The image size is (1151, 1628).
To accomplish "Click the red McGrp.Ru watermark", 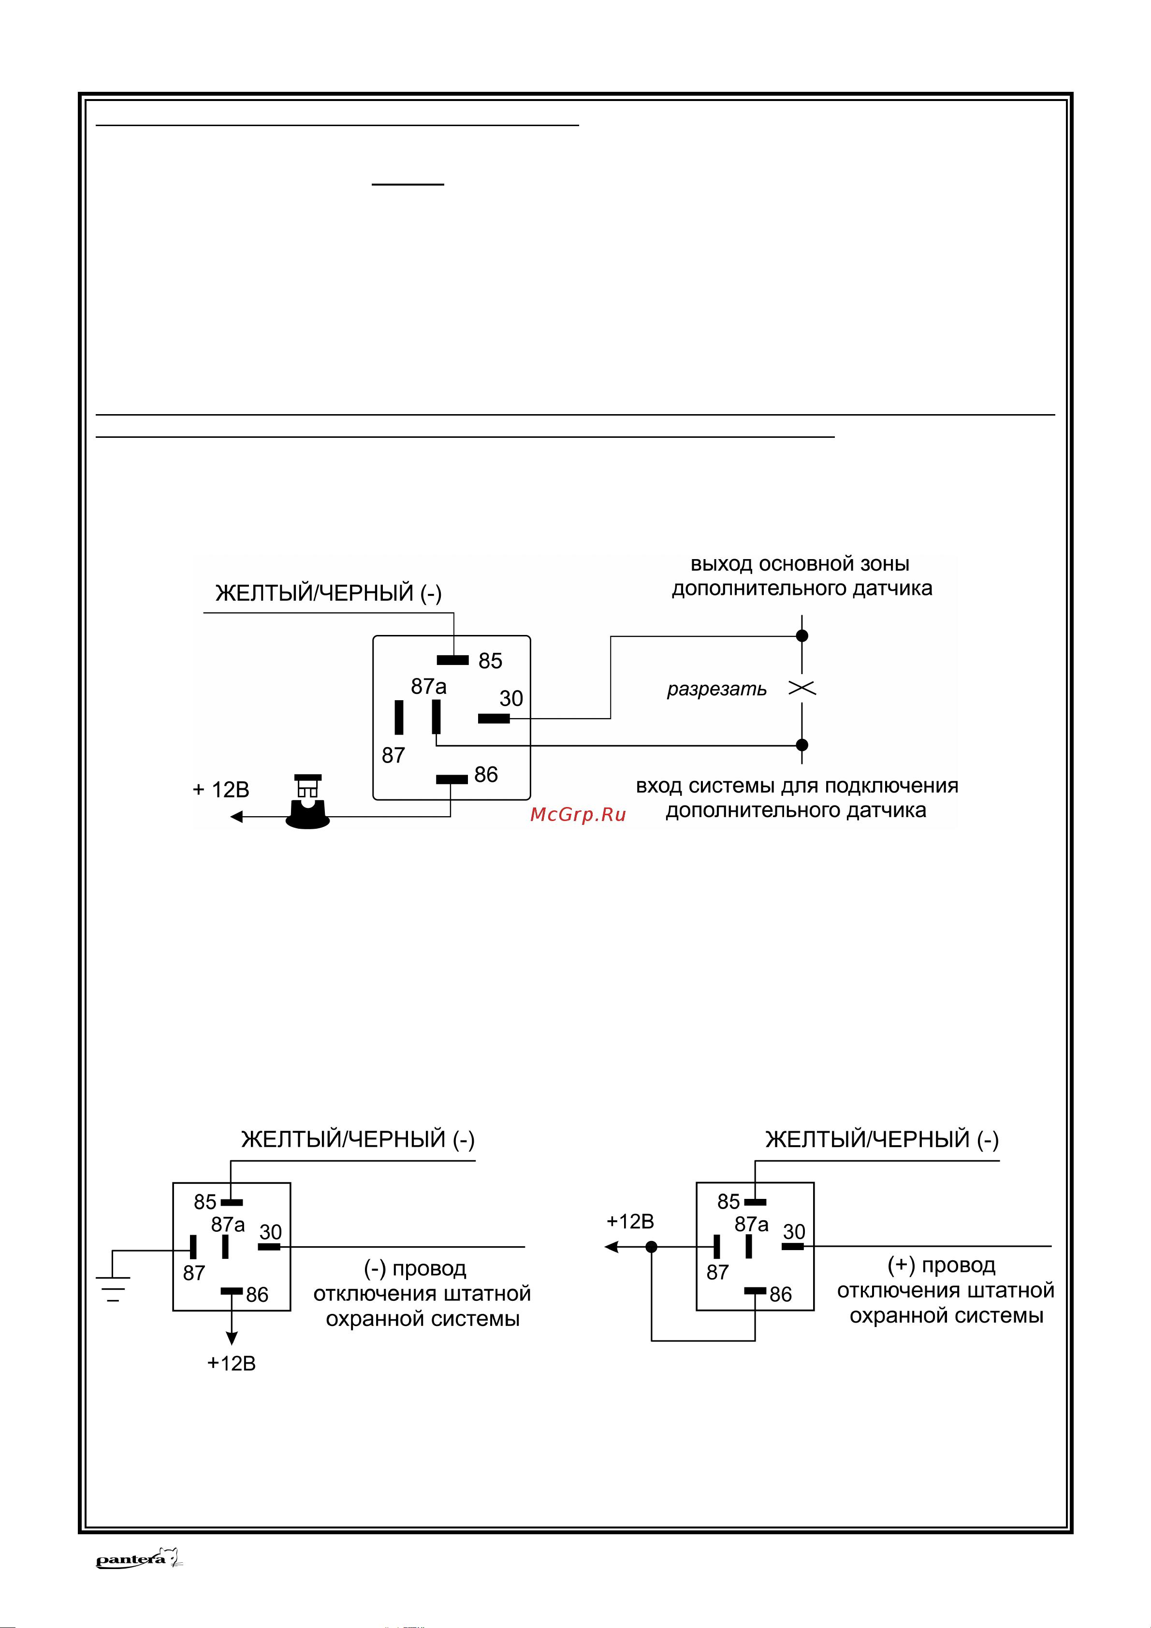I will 578,815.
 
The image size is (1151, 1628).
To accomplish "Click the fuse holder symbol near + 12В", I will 308,803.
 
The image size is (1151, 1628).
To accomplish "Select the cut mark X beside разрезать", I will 802,688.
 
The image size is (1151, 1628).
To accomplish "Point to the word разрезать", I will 716,689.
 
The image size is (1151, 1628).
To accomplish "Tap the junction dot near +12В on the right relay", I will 652,1247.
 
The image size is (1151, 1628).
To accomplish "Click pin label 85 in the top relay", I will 490,661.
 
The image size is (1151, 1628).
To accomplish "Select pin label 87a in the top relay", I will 428,686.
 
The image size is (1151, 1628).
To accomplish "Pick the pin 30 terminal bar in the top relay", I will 494,718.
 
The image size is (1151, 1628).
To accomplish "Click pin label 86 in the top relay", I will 486,774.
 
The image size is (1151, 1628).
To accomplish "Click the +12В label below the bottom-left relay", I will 231,1364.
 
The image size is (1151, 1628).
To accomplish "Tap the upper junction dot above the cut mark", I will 802,636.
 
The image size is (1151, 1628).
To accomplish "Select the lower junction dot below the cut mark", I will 802,745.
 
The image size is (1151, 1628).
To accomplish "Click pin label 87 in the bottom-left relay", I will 194,1273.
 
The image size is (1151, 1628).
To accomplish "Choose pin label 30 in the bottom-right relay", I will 794,1232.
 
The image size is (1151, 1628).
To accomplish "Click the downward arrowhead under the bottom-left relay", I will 231,1338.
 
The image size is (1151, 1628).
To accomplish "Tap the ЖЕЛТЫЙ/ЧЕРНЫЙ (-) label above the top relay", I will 328,593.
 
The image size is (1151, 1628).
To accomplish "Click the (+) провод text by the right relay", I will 941,1265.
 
